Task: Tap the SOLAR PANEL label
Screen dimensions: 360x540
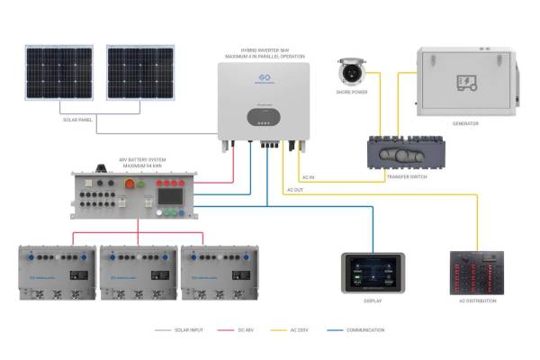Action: click(79, 118)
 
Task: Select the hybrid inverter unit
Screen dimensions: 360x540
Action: click(262, 98)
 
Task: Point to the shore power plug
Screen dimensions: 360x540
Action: click(350, 71)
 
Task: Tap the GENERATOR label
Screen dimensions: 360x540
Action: click(466, 123)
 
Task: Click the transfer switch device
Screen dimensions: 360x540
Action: click(405, 154)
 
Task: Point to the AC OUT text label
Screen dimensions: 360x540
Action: click(295, 190)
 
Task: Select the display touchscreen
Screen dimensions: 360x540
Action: click(373, 273)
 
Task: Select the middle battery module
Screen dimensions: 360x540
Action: click(137, 269)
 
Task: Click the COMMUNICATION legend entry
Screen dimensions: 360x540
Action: click(365, 330)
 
